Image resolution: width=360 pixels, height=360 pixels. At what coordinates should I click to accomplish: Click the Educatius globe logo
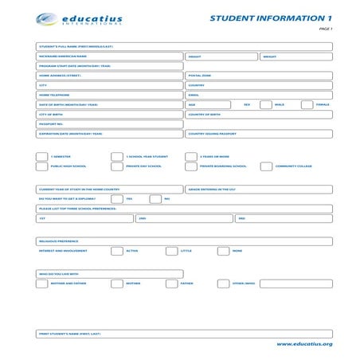[46, 18]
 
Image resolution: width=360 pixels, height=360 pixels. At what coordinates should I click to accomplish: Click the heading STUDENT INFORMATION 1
[271, 18]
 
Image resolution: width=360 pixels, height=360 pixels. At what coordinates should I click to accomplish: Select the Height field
[221, 57]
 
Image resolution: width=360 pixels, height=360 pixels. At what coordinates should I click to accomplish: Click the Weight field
[295, 57]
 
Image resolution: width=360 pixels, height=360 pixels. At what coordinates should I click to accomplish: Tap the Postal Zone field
[259, 76]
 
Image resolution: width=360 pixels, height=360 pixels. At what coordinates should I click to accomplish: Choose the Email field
[259, 95]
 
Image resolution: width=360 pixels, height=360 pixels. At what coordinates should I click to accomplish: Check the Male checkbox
[267, 104]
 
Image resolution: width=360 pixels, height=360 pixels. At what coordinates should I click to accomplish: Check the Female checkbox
[307, 104]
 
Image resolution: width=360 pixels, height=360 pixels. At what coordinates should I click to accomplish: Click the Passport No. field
[110, 124]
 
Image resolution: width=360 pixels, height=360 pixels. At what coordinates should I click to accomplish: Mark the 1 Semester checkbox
[41, 157]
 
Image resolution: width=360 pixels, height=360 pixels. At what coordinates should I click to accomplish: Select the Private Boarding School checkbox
[190, 166]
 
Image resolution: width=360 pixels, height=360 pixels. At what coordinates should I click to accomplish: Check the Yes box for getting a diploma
[117, 199]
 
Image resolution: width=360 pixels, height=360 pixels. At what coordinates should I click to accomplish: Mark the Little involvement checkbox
[171, 251]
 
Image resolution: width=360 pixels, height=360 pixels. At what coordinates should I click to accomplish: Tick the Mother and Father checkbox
[41, 284]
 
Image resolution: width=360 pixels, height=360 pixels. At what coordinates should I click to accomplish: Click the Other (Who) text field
[295, 284]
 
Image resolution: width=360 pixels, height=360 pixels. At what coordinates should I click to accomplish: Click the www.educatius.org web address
[304, 344]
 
